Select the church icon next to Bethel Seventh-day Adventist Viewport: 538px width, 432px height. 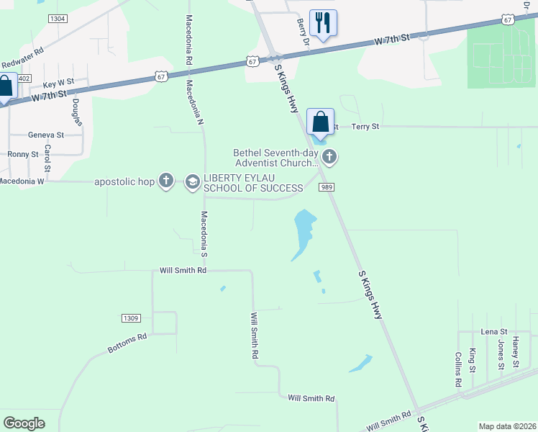329,156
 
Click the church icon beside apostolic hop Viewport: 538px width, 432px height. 166,181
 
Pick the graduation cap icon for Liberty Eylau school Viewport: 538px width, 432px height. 192,181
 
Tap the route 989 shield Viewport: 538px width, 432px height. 324,187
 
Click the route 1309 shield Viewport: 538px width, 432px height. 130,318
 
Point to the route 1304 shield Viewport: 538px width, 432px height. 59,18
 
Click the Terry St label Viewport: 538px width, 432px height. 365,127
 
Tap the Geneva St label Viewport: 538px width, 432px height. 46,135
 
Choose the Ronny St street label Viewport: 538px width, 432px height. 23,154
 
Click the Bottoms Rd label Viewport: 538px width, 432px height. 127,343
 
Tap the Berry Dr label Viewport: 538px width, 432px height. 303,32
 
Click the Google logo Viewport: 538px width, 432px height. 24,423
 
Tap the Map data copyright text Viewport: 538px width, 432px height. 507,426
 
